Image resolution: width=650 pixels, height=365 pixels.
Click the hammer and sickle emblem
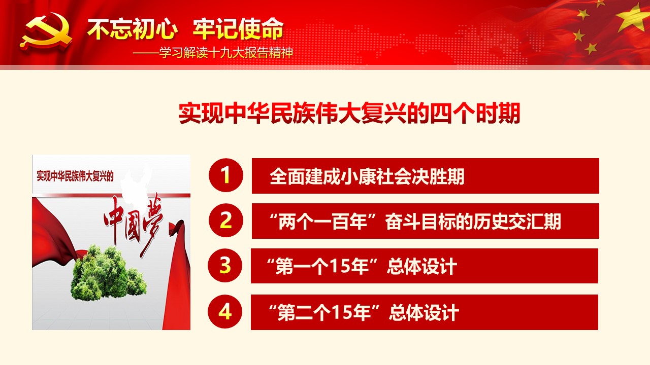click(x=46, y=31)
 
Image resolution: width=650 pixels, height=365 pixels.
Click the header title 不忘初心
click(x=133, y=29)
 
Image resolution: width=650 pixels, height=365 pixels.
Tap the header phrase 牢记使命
click(x=238, y=29)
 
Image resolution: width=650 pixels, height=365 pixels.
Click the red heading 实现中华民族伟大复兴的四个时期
click(x=349, y=113)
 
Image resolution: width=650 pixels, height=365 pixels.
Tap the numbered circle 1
click(x=226, y=175)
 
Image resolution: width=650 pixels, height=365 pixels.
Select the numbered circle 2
click(x=226, y=221)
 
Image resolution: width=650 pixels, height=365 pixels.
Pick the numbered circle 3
click(x=225, y=265)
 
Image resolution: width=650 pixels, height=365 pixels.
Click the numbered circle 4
click(x=225, y=312)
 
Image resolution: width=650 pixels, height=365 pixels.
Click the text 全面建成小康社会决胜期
click(x=367, y=176)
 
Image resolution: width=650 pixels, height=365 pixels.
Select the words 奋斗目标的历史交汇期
click(x=473, y=222)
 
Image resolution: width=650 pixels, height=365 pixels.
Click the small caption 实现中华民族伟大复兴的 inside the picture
click(x=75, y=176)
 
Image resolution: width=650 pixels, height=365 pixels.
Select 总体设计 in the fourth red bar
click(x=424, y=313)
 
